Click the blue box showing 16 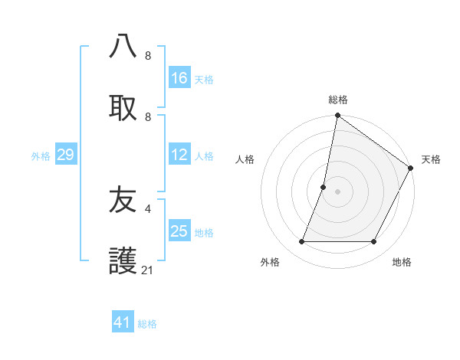point(179,78)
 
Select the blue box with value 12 point(179,155)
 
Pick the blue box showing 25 point(179,231)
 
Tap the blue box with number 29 point(65,155)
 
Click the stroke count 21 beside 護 point(148,270)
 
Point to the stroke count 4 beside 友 point(148,208)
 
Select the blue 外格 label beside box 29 point(41,156)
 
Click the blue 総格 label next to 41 point(147,324)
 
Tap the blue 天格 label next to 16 point(204,80)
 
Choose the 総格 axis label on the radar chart point(338,100)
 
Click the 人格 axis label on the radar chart point(245,159)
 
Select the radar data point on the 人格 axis point(324,187)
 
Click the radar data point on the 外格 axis point(302,242)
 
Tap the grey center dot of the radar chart point(338,191)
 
